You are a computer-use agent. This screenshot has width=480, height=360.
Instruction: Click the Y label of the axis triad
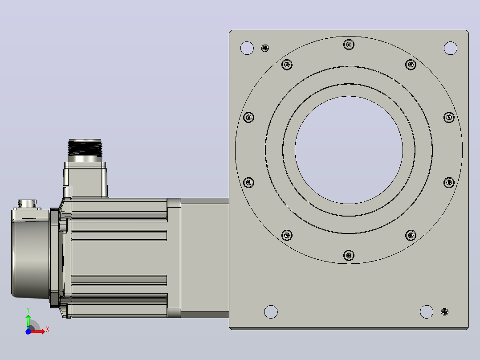(x=28, y=310)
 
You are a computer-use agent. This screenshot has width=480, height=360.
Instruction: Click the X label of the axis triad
(x=48, y=330)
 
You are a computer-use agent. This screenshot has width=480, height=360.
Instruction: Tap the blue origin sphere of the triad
(x=28, y=331)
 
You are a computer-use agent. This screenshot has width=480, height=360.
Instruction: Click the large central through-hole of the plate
(x=349, y=150)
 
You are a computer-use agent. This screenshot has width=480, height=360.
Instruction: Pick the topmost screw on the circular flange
(x=349, y=45)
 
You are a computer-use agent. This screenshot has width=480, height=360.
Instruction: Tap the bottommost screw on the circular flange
(x=349, y=255)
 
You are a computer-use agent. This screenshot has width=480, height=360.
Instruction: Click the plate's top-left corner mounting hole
(x=247, y=48)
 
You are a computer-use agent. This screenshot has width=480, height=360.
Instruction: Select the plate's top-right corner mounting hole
(x=450, y=48)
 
